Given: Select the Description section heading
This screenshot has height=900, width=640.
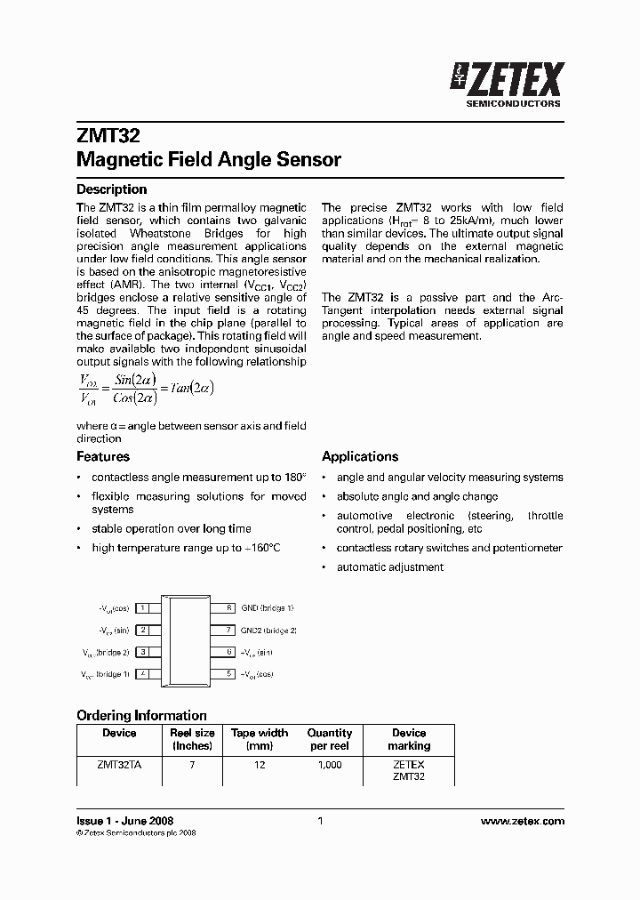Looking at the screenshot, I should click(x=111, y=189).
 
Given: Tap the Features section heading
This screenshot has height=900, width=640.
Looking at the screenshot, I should click(x=103, y=456).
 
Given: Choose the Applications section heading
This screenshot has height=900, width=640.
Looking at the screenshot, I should click(x=360, y=456).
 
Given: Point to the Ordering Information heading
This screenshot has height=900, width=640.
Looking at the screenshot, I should click(x=141, y=715).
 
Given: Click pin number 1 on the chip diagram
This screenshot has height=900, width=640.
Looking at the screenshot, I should click(x=143, y=608).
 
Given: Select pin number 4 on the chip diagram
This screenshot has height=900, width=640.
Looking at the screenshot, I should click(x=143, y=674).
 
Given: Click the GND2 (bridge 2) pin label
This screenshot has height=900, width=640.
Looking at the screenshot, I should click(x=268, y=630).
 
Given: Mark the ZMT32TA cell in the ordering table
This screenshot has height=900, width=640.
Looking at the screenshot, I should click(x=119, y=765).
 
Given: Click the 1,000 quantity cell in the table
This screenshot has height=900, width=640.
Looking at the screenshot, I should click(x=329, y=765).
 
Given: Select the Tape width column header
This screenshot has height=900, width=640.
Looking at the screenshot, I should click(x=260, y=739).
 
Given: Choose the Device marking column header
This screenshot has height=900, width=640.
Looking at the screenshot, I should click(x=409, y=739).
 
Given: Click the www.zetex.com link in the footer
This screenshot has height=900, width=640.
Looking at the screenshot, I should click(x=522, y=821).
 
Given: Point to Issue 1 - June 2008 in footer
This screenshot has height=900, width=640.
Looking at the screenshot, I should click(x=124, y=821).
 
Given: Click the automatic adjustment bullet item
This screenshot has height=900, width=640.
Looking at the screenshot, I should click(x=389, y=567).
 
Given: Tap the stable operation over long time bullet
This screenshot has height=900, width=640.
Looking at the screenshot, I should click(x=172, y=529).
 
